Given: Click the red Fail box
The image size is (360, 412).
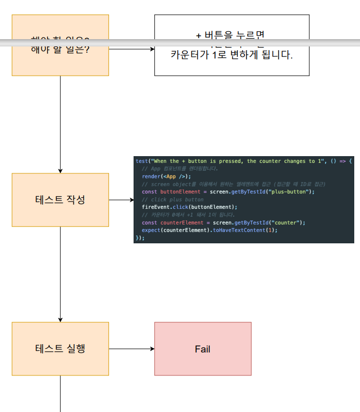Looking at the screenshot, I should tap(202, 348).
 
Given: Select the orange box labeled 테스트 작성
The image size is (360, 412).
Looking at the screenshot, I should tap(60, 199).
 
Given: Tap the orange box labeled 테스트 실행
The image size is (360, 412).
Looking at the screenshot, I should tap(60, 348).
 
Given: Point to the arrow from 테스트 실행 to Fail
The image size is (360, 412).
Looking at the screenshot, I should tap(131, 348).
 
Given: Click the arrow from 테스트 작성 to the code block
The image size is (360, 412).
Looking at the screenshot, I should tap(121, 199).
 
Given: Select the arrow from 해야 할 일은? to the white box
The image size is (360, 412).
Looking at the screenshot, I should tap(131, 49).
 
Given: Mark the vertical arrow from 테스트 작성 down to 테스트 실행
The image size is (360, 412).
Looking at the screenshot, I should tap(60, 274).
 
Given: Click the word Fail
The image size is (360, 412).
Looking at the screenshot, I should tap(202, 349).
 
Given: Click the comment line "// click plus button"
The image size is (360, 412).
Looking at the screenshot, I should tap(173, 199).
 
